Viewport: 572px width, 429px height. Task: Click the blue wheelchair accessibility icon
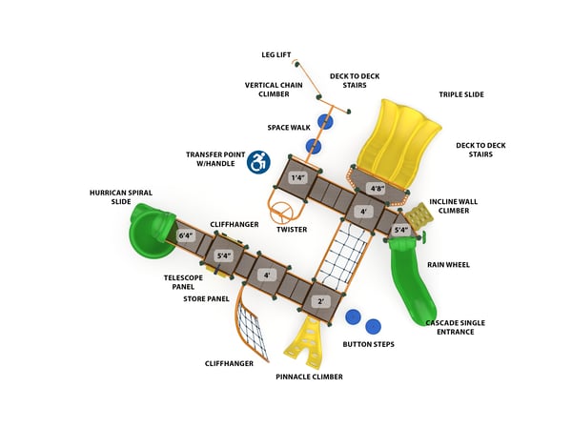[x=258, y=162]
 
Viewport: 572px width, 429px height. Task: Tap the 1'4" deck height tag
[x=298, y=177]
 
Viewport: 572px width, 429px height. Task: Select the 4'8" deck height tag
[x=378, y=189]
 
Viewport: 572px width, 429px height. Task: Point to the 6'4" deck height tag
[x=186, y=235]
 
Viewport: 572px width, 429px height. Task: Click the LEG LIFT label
[x=276, y=54]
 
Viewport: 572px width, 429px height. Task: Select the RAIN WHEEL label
[x=447, y=264]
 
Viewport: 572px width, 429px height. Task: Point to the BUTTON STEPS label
[x=368, y=343]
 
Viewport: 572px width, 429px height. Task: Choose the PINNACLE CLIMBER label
[x=309, y=377]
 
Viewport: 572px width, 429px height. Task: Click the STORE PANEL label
[x=206, y=298]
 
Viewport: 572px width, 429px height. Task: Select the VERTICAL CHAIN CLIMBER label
[x=274, y=90]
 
